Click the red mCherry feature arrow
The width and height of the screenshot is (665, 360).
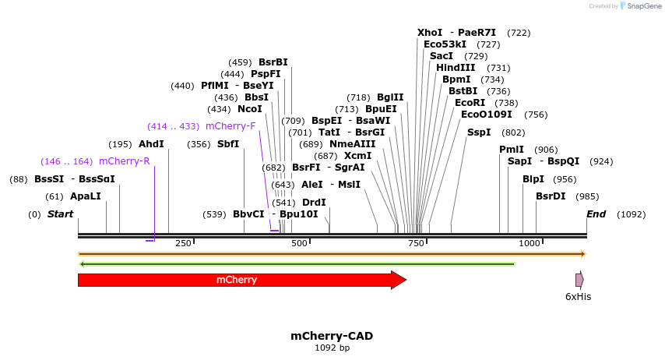241,280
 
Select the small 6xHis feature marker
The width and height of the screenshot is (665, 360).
579,280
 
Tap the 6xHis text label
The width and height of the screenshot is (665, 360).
578,297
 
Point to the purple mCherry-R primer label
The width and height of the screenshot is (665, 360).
125,161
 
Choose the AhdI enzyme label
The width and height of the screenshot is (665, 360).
151,144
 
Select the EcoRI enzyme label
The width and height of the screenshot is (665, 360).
470,103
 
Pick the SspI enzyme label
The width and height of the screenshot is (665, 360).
479,132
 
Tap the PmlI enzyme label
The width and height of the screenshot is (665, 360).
512,150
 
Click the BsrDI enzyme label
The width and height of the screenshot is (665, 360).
551,196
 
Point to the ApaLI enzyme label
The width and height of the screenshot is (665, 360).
86,196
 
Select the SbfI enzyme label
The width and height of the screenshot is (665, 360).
228,144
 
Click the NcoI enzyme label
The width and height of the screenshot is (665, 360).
250,109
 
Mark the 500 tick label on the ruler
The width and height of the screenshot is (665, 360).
300,244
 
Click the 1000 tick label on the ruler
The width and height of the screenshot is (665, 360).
530,244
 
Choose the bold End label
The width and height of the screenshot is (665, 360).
596,214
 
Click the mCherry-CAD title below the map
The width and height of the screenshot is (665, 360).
332,336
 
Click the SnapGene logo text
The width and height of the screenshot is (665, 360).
641,6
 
